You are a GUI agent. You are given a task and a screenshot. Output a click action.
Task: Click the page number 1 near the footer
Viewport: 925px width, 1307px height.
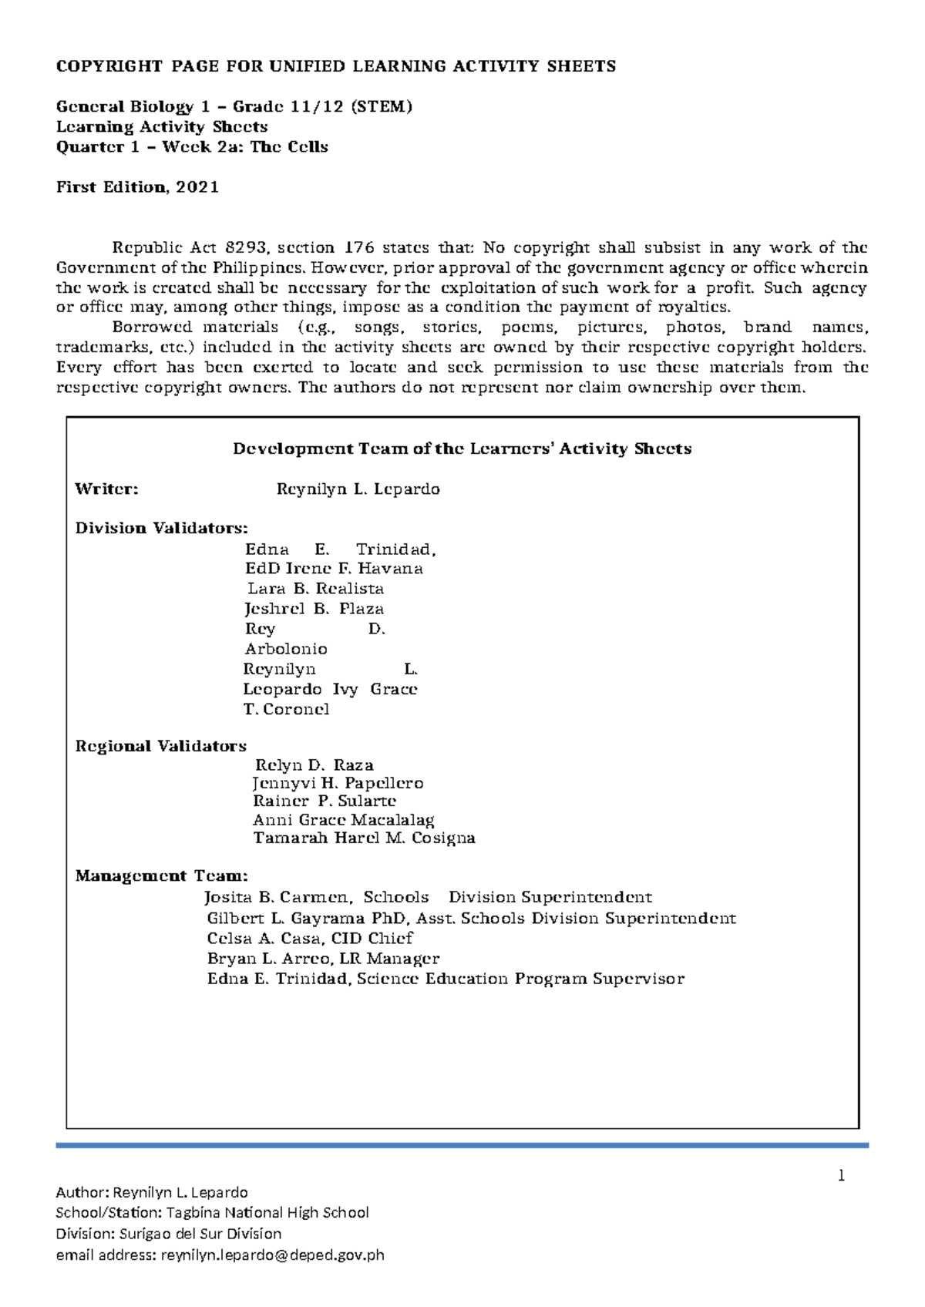[x=842, y=1176]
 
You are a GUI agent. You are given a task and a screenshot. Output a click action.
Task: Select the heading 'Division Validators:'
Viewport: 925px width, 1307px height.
[x=161, y=529]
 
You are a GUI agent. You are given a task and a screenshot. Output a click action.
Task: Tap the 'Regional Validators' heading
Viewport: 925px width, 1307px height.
[x=160, y=746]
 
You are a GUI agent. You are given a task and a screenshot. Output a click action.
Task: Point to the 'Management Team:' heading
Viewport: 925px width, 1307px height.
[x=161, y=876]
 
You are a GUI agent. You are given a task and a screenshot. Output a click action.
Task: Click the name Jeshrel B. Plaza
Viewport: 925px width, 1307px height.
[x=314, y=609]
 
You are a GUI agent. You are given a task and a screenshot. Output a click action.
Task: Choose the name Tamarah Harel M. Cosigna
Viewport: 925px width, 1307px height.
[x=364, y=838]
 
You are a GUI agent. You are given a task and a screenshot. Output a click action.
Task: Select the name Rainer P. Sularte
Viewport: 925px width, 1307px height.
[x=325, y=801]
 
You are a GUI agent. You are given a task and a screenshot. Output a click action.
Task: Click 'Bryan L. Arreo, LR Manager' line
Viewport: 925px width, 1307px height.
[x=323, y=959]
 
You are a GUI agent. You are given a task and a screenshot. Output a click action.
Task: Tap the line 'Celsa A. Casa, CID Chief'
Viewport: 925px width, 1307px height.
[x=310, y=939]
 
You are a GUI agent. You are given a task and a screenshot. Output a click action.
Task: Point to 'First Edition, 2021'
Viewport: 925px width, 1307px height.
[x=137, y=187]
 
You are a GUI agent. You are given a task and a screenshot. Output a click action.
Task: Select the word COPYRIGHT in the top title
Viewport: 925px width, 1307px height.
[x=109, y=66]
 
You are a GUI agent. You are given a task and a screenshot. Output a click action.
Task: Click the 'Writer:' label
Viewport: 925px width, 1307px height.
[x=106, y=489]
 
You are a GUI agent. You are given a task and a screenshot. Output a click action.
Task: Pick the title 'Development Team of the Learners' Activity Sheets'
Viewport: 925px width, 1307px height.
[x=462, y=449]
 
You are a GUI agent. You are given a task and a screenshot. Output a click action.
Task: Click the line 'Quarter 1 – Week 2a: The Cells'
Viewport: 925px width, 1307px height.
[x=192, y=147]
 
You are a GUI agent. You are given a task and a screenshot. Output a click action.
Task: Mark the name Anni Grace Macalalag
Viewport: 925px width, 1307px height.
[x=343, y=821]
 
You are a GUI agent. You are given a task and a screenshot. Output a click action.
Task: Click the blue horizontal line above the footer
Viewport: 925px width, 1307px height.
[x=462, y=1146]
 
